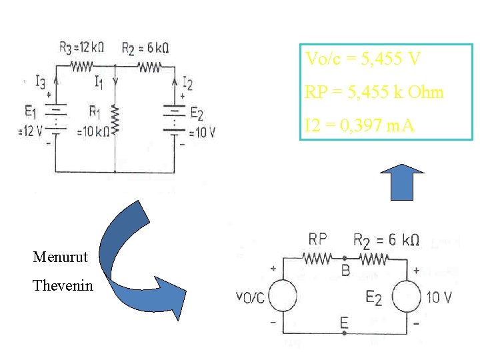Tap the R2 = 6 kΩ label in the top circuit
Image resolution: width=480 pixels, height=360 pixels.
click(x=145, y=47)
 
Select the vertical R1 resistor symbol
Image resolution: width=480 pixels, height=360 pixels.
click(x=115, y=120)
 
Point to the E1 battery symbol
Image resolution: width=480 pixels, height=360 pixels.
click(x=56, y=117)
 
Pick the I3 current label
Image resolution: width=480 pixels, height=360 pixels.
click(x=41, y=83)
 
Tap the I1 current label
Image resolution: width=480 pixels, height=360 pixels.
click(x=99, y=82)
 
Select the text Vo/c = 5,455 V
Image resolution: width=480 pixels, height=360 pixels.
click(x=363, y=59)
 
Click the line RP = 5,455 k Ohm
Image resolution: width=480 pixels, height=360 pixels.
click(x=374, y=92)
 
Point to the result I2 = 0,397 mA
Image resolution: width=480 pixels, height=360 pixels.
click(x=360, y=124)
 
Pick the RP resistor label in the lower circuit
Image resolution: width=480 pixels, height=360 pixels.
click(x=317, y=239)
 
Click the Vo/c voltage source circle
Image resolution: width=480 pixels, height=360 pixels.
click(x=283, y=296)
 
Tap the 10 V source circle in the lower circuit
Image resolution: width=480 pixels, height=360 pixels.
click(x=406, y=296)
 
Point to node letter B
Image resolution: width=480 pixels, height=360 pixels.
click(x=345, y=270)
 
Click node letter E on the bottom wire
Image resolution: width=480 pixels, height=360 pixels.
click(x=343, y=323)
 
